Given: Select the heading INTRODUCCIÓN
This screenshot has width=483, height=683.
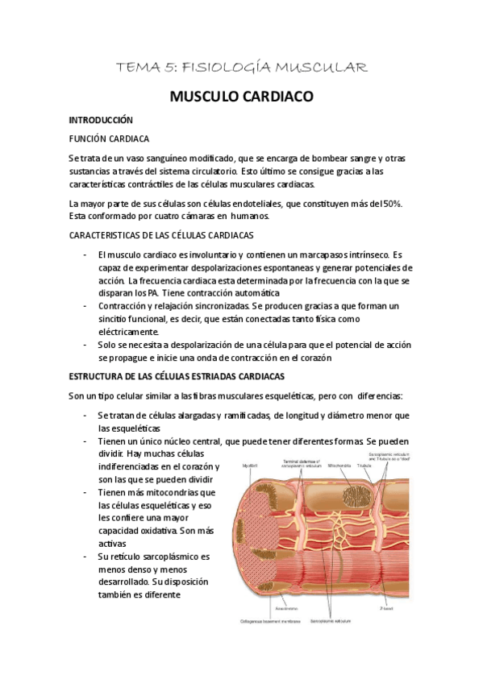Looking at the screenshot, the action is click(100, 119).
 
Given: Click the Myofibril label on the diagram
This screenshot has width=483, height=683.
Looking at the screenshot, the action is click(251, 466).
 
